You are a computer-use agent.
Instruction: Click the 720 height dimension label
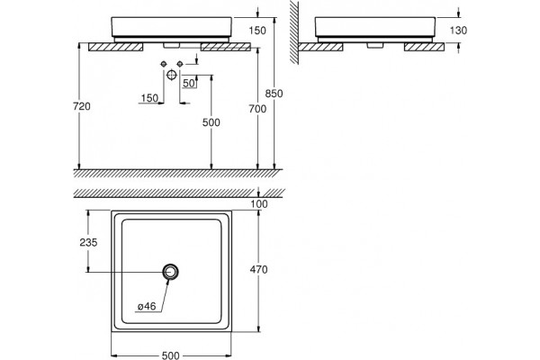point(82,106)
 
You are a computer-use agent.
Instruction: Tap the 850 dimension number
point(274,94)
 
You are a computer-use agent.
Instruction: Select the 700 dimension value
point(257,109)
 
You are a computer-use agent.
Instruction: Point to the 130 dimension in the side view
point(458,31)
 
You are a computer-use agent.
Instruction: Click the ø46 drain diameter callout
point(147,306)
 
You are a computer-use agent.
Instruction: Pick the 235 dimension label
point(88,242)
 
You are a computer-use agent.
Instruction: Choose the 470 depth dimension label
point(258,269)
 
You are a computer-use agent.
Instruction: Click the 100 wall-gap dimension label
point(258,204)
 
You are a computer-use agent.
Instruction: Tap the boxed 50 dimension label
point(189,84)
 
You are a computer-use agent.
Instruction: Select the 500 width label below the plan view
point(170,355)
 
